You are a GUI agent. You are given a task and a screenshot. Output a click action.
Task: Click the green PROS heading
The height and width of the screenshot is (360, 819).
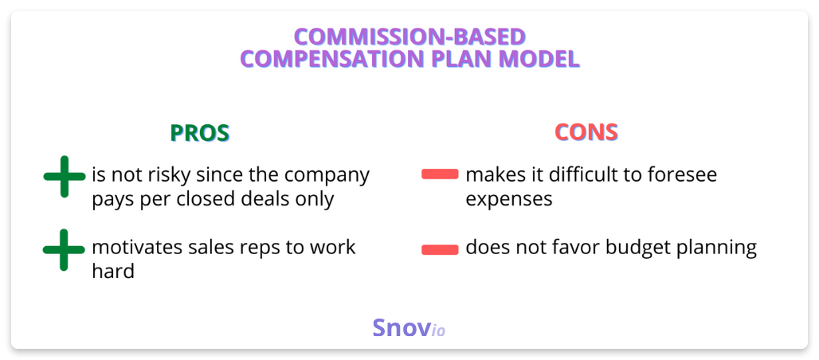point(199,133)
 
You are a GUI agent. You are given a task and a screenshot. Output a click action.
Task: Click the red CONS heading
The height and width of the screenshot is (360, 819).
point(586,133)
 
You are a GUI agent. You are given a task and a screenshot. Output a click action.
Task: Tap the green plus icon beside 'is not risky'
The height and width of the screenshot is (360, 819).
point(65,177)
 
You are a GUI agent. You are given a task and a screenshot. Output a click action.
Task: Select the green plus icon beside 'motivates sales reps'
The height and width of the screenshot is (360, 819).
point(65,250)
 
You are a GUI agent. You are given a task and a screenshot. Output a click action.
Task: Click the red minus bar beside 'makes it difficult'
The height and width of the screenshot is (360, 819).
point(440,174)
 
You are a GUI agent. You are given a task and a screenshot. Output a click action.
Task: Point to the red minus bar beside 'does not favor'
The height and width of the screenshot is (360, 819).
point(440,250)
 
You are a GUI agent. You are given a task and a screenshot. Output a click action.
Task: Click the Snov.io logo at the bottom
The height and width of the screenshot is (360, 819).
point(409,328)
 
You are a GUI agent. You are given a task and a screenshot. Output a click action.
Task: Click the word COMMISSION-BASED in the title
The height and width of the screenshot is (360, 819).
point(409,37)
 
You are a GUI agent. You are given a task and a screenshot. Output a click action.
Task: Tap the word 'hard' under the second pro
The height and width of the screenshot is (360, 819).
point(113,271)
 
